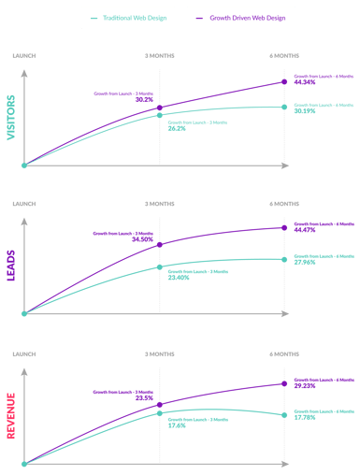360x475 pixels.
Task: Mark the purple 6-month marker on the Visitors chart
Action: click(284, 82)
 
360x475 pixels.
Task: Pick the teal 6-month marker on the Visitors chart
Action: click(284, 107)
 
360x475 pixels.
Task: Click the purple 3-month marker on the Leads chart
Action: click(160, 245)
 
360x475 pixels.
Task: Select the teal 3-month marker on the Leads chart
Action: click(160, 267)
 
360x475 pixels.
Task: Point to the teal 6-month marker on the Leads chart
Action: click(284, 258)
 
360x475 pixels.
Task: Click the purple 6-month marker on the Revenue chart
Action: click(284, 383)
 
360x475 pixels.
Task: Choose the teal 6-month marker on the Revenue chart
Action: click(284, 413)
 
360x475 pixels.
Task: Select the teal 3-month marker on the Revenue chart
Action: click(160, 411)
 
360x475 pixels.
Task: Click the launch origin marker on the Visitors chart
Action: click(25, 166)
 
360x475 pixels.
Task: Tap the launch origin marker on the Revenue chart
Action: click(25, 462)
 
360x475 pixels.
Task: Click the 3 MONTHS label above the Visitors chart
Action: click(159, 56)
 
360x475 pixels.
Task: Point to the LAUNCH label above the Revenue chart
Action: click(25, 354)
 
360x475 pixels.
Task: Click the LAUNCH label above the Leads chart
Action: click(25, 203)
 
